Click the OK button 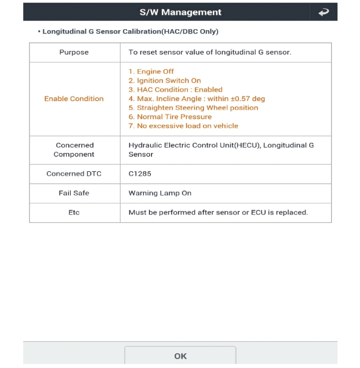tap(180, 356)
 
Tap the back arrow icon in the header tap(324, 12)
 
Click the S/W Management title tap(180, 12)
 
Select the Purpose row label tap(74, 52)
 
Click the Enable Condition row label tap(74, 99)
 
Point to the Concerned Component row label tap(74, 150)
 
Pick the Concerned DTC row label tap(74, 173)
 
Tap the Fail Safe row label tap(74, 193)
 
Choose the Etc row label tap(74, 212)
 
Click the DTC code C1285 tap(140, 173)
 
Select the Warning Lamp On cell tap(160, 193)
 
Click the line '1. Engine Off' tap(151, 72)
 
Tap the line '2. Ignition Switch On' tap(164, 81)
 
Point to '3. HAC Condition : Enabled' tap(175, 90)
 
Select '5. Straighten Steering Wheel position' tap(193, 108)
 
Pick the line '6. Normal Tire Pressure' tap(170, 117)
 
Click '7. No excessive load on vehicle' tap(183, 126)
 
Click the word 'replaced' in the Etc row tap(293, 212)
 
